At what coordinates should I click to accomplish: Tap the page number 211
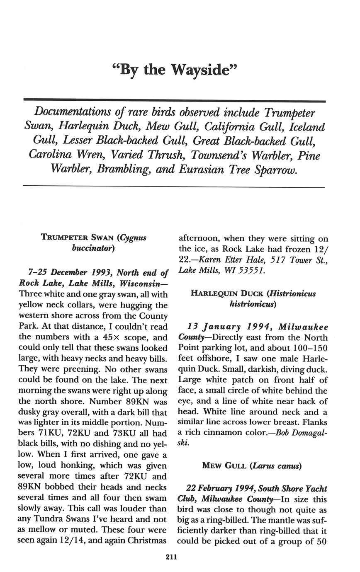click(x=171, y=557)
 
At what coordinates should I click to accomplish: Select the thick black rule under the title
click(x=174, y=100)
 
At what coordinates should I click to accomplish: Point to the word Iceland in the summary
click(x=307, y=127)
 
